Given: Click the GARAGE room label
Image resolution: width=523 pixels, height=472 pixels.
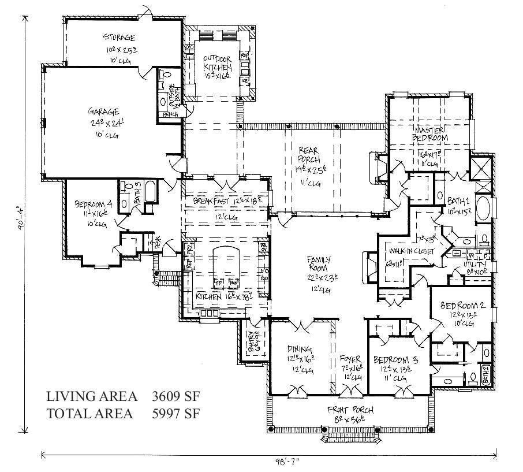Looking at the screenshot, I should [103, 111].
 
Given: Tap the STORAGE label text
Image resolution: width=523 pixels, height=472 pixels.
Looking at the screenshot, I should [120, 39].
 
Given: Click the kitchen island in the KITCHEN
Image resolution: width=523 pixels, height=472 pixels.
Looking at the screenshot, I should [226, 267].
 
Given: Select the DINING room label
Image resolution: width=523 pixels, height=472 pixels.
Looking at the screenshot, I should [300, 349].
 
